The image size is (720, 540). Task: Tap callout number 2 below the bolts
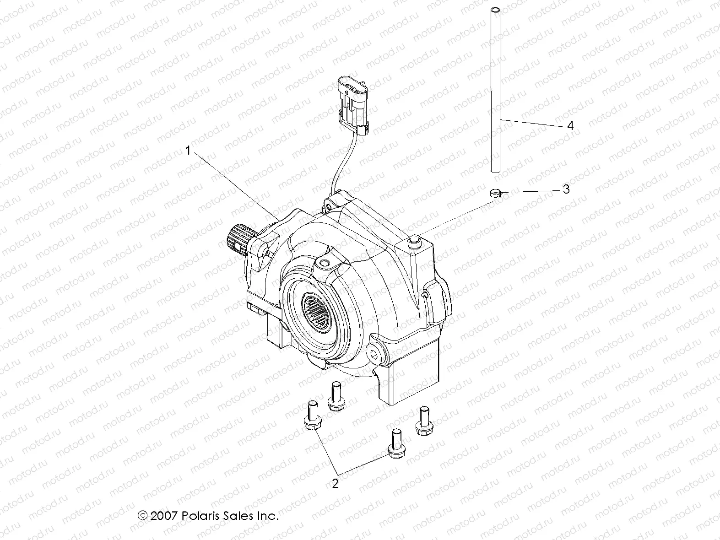335,483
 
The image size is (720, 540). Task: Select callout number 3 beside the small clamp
566,189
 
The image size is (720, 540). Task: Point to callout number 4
570,125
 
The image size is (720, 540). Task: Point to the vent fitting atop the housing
414,241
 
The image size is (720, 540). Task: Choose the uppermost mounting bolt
335,396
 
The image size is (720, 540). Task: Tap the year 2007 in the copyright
165,516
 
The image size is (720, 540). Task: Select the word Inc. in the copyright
267,516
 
